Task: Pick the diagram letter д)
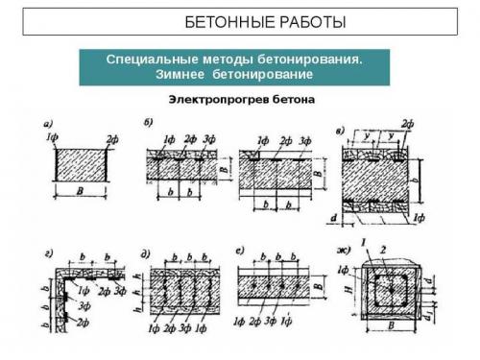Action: pyautogui.click(x=145, y=254)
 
